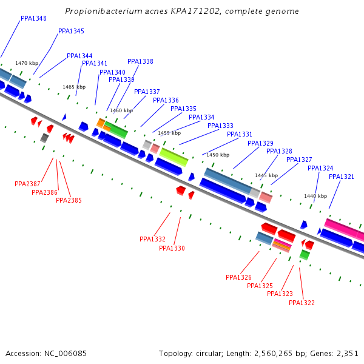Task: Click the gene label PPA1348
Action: [33, 18]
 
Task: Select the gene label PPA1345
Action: [71, 31]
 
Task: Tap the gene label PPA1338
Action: [140, 61]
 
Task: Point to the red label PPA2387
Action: [27, 184]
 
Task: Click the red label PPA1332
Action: [152, 239]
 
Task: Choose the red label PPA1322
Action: [302, 303]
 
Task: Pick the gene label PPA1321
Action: [342, 177]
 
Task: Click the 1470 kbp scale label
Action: [27, 63]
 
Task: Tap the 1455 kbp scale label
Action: [169, 133]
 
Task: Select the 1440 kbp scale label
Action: [315, 196]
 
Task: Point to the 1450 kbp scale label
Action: [218, 155]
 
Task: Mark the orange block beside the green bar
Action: [101, 123]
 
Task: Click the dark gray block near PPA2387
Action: [44, 138]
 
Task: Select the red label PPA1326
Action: [238, 277]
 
